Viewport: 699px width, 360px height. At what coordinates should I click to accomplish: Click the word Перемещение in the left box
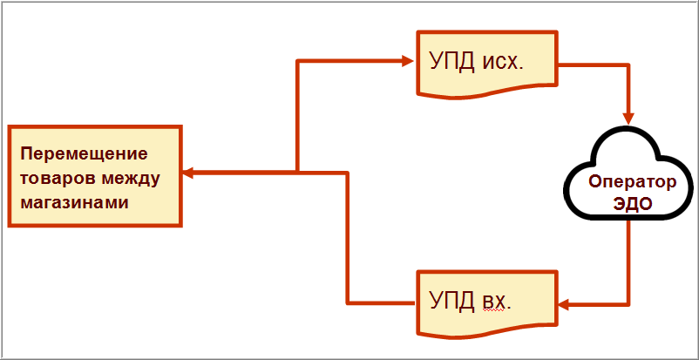pos(84,154)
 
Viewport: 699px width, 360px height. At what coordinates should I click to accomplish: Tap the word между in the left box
pos(126,179)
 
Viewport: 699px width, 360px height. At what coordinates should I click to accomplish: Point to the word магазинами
pos(74,202)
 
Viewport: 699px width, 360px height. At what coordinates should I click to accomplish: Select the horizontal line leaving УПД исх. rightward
pos(593,63)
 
